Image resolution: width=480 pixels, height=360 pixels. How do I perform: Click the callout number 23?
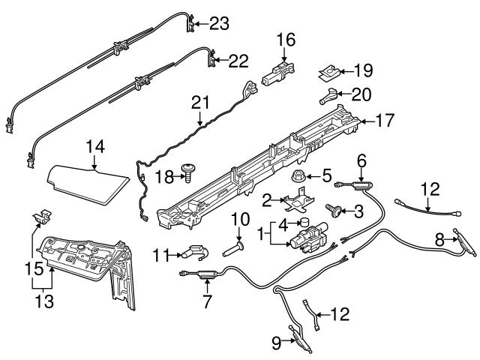tap(218, 24)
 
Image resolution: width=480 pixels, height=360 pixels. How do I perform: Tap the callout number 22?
tap(238, 61)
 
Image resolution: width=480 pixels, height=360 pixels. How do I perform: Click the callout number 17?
tap(383, 118)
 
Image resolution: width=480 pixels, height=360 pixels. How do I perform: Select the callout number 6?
tap(361, 160)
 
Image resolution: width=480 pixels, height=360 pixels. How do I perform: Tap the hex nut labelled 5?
tap(296, 178)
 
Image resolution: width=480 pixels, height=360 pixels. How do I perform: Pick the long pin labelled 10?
tap(237, 244)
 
